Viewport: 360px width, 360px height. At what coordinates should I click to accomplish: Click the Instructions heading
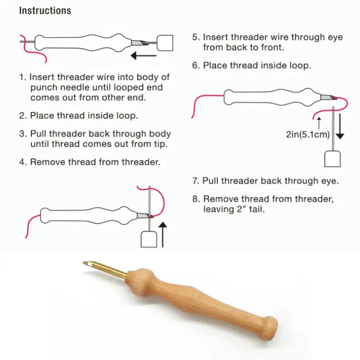[45, 10]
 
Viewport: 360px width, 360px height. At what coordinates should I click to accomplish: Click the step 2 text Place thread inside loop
[84, 115]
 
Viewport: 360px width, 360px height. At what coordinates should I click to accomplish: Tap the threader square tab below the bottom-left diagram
[148, 239]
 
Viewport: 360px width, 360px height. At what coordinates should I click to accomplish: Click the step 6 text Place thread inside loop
[256, 65]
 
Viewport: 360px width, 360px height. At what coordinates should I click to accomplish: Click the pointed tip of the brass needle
[85, 262]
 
